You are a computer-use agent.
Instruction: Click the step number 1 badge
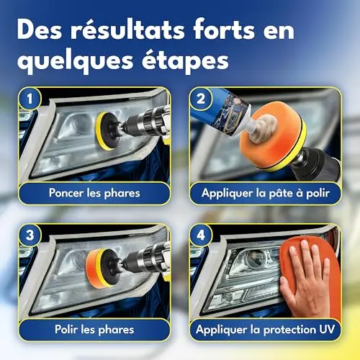tap(30, 99)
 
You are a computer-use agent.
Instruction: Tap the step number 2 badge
tap(201, 99)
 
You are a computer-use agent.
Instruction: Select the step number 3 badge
tap(30, 235)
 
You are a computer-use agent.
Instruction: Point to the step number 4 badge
tap(201, 235)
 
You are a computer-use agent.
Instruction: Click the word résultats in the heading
tap(127, 30)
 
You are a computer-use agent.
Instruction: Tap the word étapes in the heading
tap(185, 60)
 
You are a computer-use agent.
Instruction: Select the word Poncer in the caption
tap(66, 193)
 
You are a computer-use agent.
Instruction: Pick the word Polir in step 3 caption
tap(66, 329)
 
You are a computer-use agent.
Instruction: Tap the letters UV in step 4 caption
tap(327, 329)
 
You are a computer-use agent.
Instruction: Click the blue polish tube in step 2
tap(220, 112)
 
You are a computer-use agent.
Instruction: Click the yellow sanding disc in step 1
tap(102, 131)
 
